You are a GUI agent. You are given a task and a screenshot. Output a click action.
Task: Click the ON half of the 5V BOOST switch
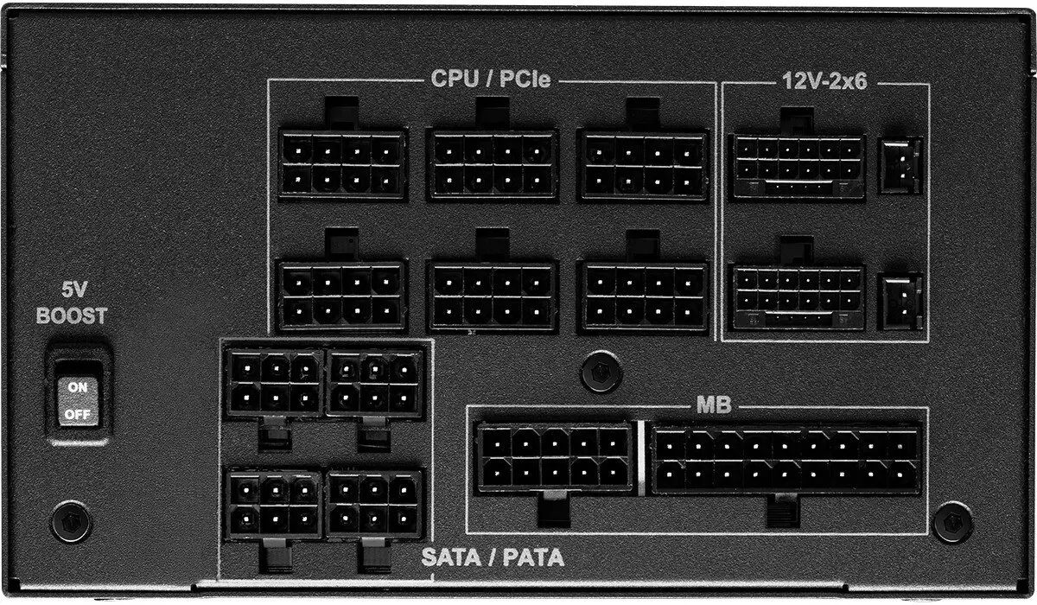(78, 387)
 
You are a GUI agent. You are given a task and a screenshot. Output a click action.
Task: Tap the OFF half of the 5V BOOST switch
(78, 413)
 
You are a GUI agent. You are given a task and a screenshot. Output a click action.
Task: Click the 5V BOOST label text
(72, 304)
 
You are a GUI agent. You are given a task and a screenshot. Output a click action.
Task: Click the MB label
(714, 404)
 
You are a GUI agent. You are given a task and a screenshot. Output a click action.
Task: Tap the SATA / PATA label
(493, 557)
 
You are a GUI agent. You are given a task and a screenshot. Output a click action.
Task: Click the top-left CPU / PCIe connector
(342, 164)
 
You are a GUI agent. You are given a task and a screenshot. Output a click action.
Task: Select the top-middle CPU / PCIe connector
(492, 164)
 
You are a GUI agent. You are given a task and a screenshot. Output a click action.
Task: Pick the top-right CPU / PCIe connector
(643, 164)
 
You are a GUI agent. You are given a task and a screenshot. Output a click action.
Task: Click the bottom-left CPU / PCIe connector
(342, 296)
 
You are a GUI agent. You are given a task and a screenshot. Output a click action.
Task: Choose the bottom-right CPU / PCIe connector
(644, 296)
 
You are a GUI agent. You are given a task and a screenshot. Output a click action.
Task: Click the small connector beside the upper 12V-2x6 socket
(900, 164)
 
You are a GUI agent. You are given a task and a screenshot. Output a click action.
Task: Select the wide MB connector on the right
(786, 459)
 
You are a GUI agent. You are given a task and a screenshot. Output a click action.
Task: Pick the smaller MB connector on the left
(554, 458)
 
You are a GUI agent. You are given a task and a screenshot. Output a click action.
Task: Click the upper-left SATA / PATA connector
(272, 383)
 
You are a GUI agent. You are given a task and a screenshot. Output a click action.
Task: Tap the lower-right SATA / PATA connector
(374, 505)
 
